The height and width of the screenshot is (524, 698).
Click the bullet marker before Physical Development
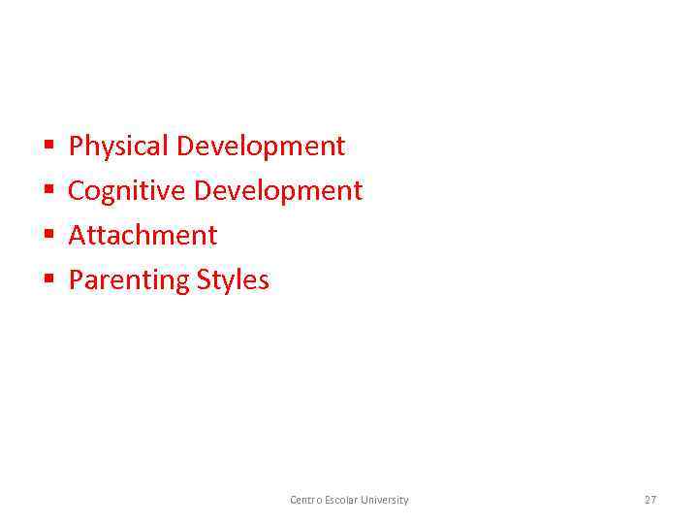click(48, 147)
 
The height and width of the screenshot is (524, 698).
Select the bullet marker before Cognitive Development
click(48, 192)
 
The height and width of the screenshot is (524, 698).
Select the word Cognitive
click(127, 190)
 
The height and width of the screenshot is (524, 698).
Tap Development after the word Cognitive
click(278, 191)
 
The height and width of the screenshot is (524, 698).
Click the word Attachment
click(143, 235)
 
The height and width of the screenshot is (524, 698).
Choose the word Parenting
click(129, 280)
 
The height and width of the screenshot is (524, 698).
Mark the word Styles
click(233, 280)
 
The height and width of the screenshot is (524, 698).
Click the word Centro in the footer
click(306, 500)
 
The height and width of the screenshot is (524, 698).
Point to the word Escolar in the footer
click(342, 500)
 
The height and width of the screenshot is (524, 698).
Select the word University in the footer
click(385, 500)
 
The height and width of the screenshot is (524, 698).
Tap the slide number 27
click(650, 500)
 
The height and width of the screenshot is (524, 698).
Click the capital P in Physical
click(77, 147)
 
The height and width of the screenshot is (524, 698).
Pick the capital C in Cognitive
click(77, 190)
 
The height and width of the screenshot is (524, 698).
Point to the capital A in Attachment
click(78, 235)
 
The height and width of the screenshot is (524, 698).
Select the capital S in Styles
click(205, 279)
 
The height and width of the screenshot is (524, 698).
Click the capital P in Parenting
click(77, 279)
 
